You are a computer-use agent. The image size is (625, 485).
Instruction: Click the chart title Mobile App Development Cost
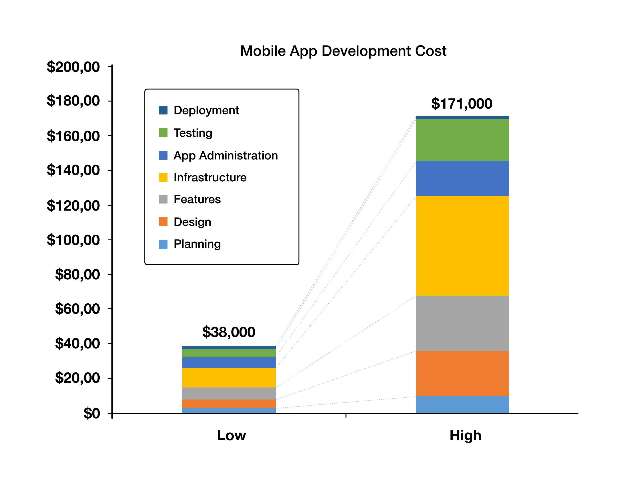(343, 51)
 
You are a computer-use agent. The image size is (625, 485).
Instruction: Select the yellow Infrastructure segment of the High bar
(462, 245)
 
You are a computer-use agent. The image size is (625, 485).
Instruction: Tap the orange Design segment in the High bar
(462, 373)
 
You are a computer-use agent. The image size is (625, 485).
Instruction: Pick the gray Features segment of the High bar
(462, 323)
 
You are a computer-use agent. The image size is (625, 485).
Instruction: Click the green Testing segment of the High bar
(462, 140)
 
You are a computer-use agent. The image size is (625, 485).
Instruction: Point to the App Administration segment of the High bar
(462, 178)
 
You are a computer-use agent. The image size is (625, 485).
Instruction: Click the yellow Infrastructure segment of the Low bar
(229, 377)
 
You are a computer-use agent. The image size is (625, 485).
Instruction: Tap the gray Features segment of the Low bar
(229, 393)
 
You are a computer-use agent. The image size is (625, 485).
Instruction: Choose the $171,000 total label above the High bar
(462, 104)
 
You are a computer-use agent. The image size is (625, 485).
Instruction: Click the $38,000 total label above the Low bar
(229, 332)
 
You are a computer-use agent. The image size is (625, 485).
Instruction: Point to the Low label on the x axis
(231, 435)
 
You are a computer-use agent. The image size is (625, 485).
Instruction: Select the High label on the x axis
(465, 435)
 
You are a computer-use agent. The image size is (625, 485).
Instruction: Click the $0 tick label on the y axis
(92, 413)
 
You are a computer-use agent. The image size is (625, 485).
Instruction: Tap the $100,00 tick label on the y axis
(73, 240)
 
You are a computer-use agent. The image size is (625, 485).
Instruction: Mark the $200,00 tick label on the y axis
(73, 67)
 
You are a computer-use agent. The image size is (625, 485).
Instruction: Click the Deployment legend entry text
(206, 110)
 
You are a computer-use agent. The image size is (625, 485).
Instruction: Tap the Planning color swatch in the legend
(163, 244)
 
